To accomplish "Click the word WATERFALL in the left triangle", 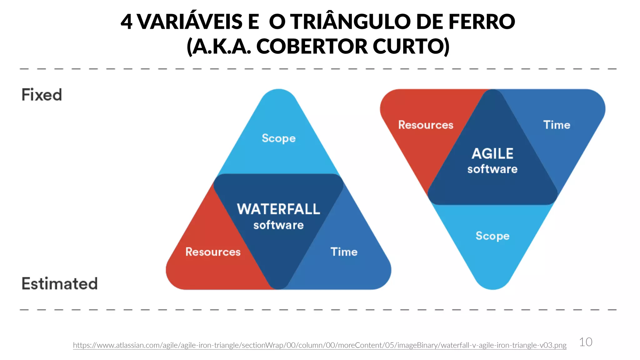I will click(278, 209).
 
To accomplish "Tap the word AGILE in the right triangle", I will click(492, 154).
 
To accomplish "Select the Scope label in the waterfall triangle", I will click(278, 138).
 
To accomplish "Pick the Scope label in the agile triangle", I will click(492, 236).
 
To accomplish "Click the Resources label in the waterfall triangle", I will click(213, 252).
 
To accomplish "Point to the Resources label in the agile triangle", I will click(426, 125).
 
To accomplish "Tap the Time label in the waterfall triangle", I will click(344, 252).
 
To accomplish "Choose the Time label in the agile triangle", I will click(557, 125).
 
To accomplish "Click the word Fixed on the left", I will click(42, 95).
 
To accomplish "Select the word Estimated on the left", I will click(59, 284).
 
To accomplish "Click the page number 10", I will click(586, 342).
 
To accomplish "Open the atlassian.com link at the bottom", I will click(319, 345).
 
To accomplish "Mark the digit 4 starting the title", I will click(126, 22).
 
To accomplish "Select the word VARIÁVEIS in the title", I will click(190, 22).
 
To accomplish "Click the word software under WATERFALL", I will click(278, 225).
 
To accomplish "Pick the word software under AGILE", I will click(492, 169).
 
